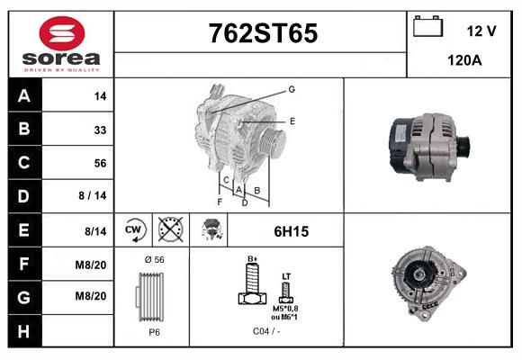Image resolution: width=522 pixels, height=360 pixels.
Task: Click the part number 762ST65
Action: (263, 33)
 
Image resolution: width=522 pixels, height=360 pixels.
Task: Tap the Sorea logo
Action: (61, 44)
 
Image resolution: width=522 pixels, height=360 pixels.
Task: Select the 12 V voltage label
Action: (481, 31)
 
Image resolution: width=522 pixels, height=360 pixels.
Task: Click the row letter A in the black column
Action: (23, 96)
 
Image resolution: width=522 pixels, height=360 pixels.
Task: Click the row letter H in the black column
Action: (23, 331)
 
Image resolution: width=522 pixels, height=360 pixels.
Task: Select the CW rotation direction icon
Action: (134, 230)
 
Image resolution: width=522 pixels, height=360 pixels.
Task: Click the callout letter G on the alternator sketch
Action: (292, 89)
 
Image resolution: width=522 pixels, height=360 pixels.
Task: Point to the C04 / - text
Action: (266, 330)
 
